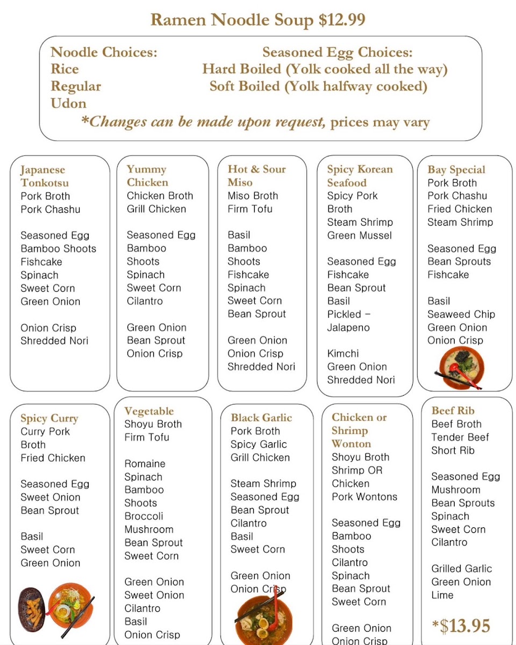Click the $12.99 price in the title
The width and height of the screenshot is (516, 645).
pos(342,20)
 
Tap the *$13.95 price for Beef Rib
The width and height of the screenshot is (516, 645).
pos(461,626)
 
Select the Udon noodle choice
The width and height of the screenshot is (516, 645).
pos(68,103)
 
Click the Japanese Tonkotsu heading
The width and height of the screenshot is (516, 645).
pos(45,176)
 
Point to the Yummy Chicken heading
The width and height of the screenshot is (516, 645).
pos(147,176)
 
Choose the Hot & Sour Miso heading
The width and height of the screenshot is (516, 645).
pos(256,176)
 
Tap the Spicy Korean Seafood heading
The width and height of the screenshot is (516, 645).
pos(360,176)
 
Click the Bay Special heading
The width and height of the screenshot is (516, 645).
pos(456,170)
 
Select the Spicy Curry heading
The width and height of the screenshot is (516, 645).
pos(49,418)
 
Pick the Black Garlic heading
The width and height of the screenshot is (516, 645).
pos(261,418)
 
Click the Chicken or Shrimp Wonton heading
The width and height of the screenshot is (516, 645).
pos(359,431)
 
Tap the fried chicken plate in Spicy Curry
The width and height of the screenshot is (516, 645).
pos(32,610)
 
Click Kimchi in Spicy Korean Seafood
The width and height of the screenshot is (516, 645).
pos(343,354)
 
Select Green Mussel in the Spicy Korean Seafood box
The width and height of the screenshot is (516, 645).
pos(360,235)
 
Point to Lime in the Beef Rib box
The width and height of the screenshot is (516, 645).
pos(442,595)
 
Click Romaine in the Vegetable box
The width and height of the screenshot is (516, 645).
pos(145,464)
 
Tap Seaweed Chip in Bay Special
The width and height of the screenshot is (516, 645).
pos(461,314)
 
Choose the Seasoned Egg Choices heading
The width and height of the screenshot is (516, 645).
pos(338,52)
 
